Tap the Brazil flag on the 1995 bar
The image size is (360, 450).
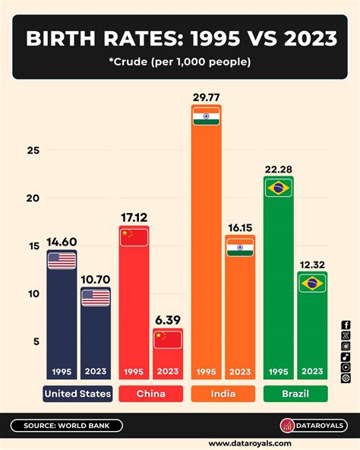tap(278, 188)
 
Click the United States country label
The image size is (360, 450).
tap(77, 394)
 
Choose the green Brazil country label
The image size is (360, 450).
tap(295, 394)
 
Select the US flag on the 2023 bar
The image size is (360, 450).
tap(96, 297)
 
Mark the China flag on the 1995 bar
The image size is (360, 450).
tap(134, 237)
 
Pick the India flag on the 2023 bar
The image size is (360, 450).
tap(239, 247)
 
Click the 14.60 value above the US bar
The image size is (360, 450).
tap(61, 242)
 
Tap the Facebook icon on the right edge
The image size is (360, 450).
tap(346, 325)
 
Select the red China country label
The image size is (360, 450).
tap(150, 394)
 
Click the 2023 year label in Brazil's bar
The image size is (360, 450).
tap(312, 372)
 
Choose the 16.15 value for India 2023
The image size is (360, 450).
tap(240, 227)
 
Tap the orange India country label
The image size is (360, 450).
tap(223, 394)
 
